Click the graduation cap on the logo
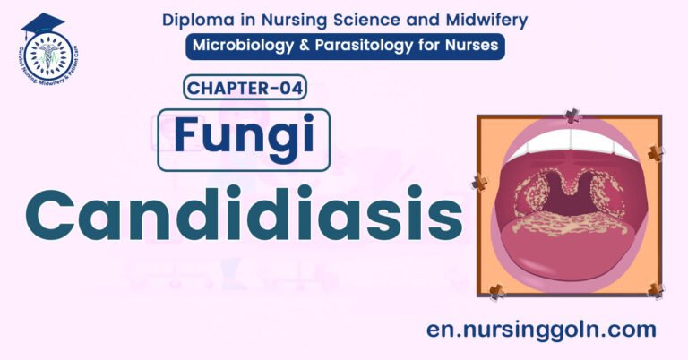pyautogui.click(x=42, y=21)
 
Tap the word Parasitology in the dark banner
pyautogui.click(x=371, y=47)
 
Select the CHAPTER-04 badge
pyautogui.click(x=245, y=88)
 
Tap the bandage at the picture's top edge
pyautogui.click(x=570, y=116)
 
